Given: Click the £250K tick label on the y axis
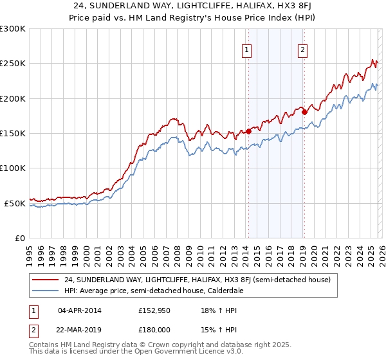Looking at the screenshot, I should pos(13,64).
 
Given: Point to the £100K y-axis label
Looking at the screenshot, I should pos(13,168).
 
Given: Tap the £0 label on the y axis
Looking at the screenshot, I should pos(19,238).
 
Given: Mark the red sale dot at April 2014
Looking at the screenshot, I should pos(248,131).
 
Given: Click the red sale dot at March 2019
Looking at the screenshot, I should pos(304,113).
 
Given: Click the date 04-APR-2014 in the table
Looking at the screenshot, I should pos(80,310).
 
